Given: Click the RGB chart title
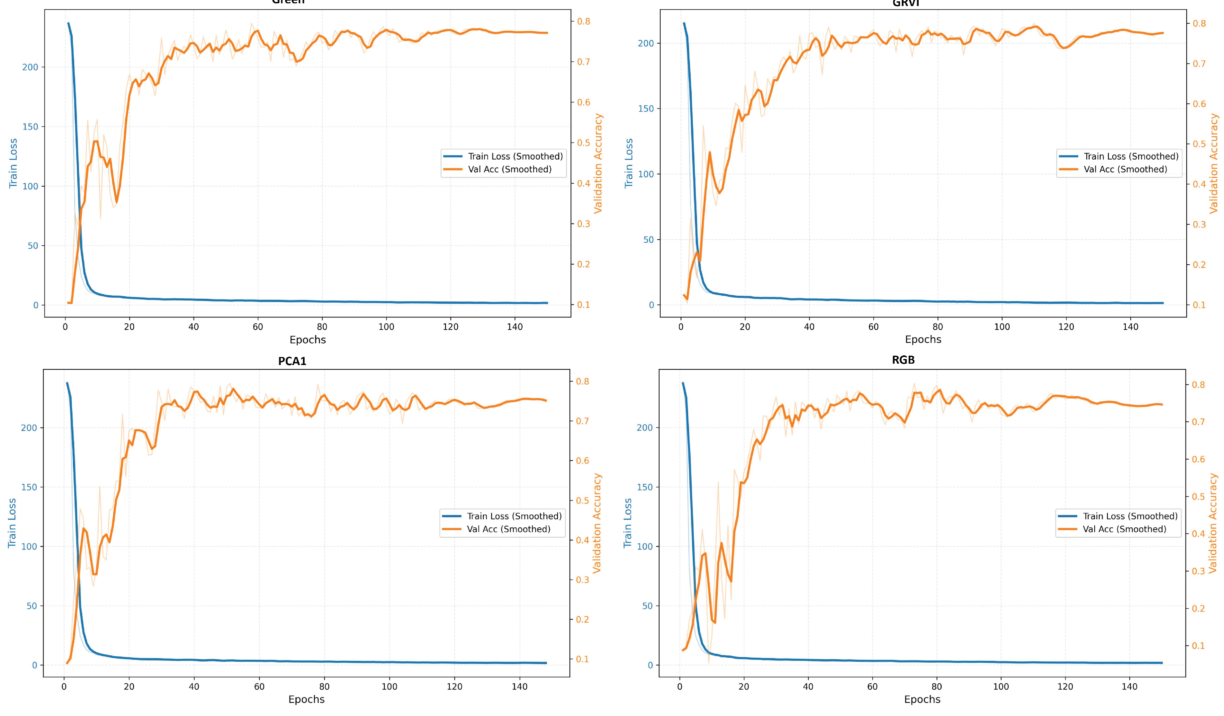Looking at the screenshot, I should (x=903, y=360).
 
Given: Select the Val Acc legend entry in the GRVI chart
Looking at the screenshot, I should (x=1125, y=170).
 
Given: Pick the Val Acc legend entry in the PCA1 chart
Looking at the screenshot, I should (x=508, y=529).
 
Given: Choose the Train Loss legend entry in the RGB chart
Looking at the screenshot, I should (x=1130, y=516).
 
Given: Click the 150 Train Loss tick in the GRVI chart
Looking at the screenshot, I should (x=646, y=109).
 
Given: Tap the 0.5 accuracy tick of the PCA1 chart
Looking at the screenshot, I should (x=582, y=501).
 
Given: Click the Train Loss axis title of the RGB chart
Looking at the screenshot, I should (x=628, y=523).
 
